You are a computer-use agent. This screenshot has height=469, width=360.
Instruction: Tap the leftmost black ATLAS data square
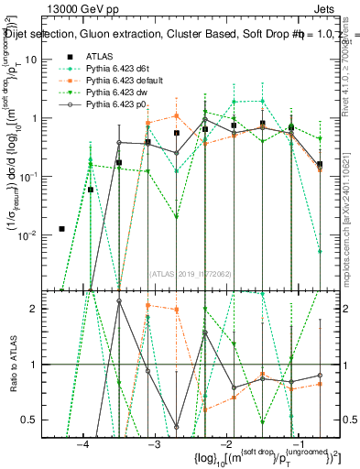pyautogui.click(x=61, y=229)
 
